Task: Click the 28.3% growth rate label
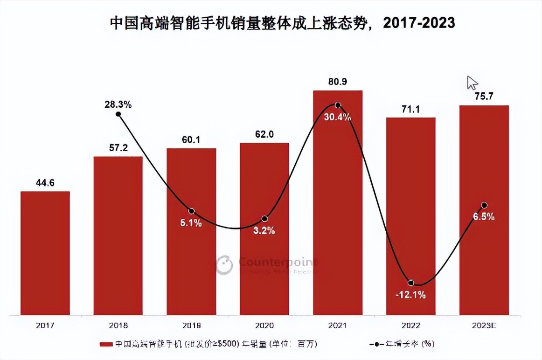click(x=118, y=104)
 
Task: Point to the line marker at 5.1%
click(x=191, y=212)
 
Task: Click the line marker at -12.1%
click(x=411, y=283)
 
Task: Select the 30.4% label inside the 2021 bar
click(x=338, y=117)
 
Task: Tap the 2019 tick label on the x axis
click(x=191, y=325)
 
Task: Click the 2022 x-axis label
click(x=411, y=325)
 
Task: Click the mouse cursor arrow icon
click(x=472, y=83)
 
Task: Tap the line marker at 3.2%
click(x=264, y=219)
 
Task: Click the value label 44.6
click(x=45, y=183)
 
